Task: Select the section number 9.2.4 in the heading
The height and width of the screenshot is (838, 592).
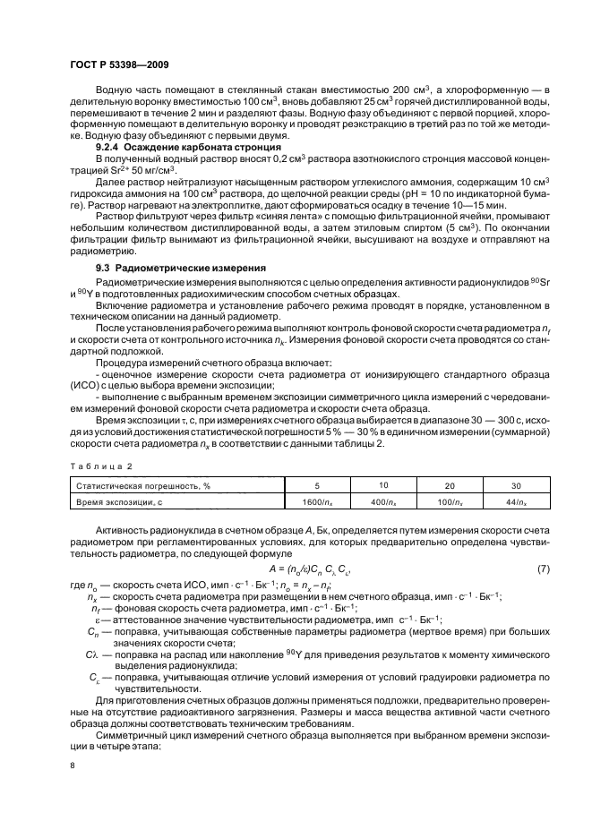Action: pyautogui.click(x=109, y=147)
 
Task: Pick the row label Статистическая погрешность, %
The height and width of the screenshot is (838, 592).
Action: pyautogui.click(x=136, y=485)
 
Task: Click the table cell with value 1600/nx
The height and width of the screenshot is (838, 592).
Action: pyautogui.click(x=318, y=503)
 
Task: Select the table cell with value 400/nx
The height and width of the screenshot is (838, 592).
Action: pyautogui.click(x=382, y=503)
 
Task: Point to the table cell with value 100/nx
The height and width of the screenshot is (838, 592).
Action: pyautogui.click(x=449, y=503)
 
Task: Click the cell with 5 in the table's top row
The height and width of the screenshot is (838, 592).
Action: pyautogui.click(x=318, y=485)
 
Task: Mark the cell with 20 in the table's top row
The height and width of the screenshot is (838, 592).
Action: pyautogui.click(x=449, y=485)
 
